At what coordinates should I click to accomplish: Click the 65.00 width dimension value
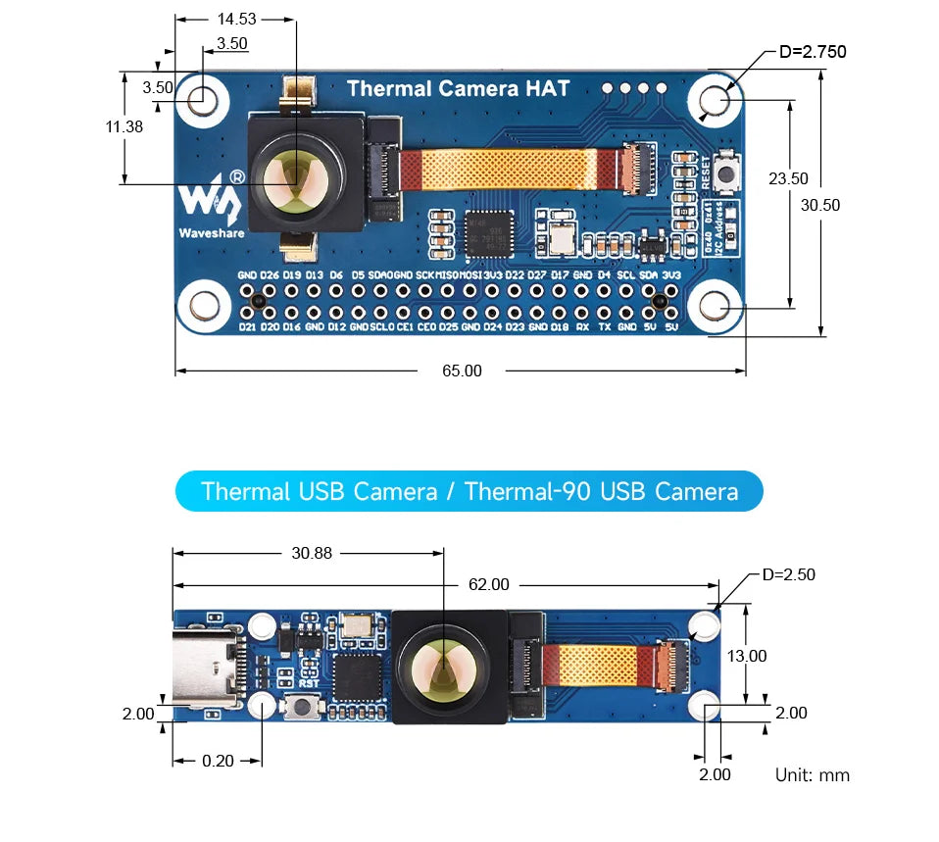point(462,371)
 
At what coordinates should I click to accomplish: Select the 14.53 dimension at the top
point(236,19)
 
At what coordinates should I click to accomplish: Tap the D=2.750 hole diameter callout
point(813,52)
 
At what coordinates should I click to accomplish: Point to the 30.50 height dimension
point(820,205)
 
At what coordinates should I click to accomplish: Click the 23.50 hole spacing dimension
point(788,178)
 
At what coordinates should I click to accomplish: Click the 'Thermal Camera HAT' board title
point(458,88)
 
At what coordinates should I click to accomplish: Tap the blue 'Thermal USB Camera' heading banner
point(469,491)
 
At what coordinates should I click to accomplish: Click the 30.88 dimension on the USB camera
point(312,553)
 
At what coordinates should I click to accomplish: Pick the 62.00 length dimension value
point(488,584)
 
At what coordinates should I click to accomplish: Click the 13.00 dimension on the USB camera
point(747,656)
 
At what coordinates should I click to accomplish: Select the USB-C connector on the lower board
point(209,669)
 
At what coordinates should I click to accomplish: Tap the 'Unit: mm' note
point(813,774)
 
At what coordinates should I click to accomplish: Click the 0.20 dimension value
point(218,761)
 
